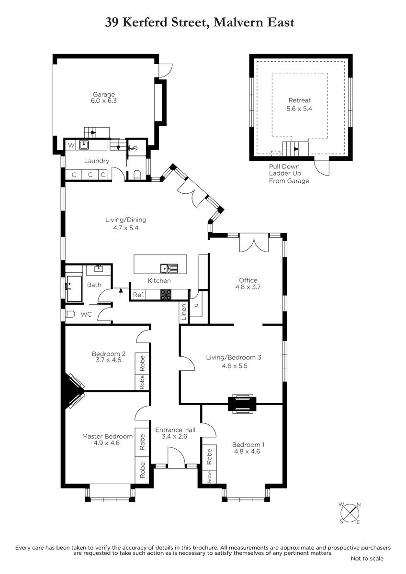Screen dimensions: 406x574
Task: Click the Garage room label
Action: pyautogui.click(x=103, y=94)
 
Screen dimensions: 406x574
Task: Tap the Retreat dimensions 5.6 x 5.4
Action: pyautogui.click(x=299, y=109)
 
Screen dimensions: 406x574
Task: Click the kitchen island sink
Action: pyautogui.click(x=169, y=268)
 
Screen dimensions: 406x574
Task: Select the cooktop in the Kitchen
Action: pyautogui.click(x=166, y=295)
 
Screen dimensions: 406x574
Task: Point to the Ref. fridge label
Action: pyautogui.click(x=139, y=295)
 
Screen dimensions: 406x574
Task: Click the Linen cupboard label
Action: pyautogui.click(x=184, y=312)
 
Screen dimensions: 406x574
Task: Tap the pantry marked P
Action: pyautogui.click(x=196, y=306)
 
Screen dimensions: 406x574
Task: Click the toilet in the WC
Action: pyautogui.click(x=70, y=314)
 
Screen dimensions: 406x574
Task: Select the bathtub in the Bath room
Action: pyautogui.click(x=74, y=289)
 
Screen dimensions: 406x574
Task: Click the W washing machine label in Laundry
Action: pyautogui.click(x=71, y=145)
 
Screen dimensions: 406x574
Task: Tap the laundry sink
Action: pyautogui.click(x=84, y=145)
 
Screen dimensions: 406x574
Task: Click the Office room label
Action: pyautogui.click(x=248, y=280)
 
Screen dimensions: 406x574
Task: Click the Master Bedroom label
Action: pyautogui.click(x=107, y=436)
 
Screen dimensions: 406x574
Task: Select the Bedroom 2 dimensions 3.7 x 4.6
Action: pyautogui.click(x=109, y=360)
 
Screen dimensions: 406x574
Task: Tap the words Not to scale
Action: pyautogui.click(x=367, y=558)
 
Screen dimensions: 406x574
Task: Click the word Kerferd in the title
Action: pyautogui.click(x=145, y=22)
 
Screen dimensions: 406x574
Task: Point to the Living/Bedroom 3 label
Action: pyautogui.click(x=234, y=357)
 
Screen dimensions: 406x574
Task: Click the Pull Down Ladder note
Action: pyautogui.click(x=289, y=174)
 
